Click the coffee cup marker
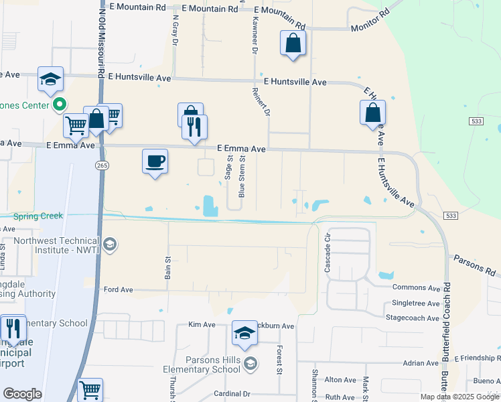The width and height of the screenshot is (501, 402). tap(155, 161)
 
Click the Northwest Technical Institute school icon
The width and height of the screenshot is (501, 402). tap(111, 245)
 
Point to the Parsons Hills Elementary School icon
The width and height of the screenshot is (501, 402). tap(250, 364)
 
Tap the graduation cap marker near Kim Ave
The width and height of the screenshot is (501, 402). tap(244, 334)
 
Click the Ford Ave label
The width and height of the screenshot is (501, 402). tap(119, 290)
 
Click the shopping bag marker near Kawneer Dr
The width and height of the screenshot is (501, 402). tap(293, 44)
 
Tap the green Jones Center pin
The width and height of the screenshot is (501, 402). tap(59, 105)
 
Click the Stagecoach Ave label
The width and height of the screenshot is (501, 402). tap(415, 317)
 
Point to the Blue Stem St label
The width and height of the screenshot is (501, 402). tap(242, 178)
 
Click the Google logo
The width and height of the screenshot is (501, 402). tap(23, 394)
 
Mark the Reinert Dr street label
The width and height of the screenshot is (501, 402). tap(261, 101)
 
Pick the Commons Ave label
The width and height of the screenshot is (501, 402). tap(416, 288)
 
